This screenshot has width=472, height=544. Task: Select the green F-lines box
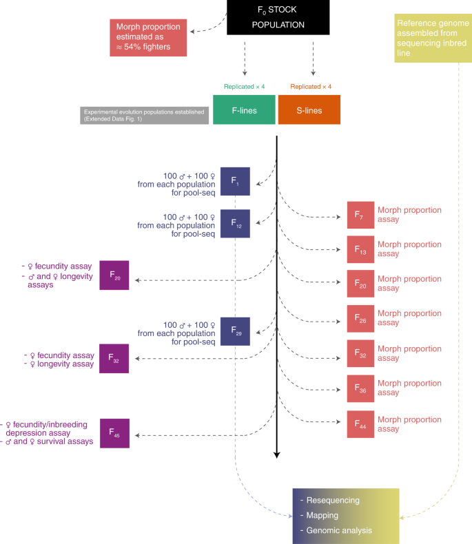245,109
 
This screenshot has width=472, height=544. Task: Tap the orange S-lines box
309,109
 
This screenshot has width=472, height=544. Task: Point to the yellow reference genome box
432,38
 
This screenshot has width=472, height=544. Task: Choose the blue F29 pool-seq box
235,331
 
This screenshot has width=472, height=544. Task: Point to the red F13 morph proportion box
360,249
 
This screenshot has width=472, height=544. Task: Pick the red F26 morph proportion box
360,318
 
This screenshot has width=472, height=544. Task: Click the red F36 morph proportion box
360,388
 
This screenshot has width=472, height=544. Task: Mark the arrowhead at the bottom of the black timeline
276,454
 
